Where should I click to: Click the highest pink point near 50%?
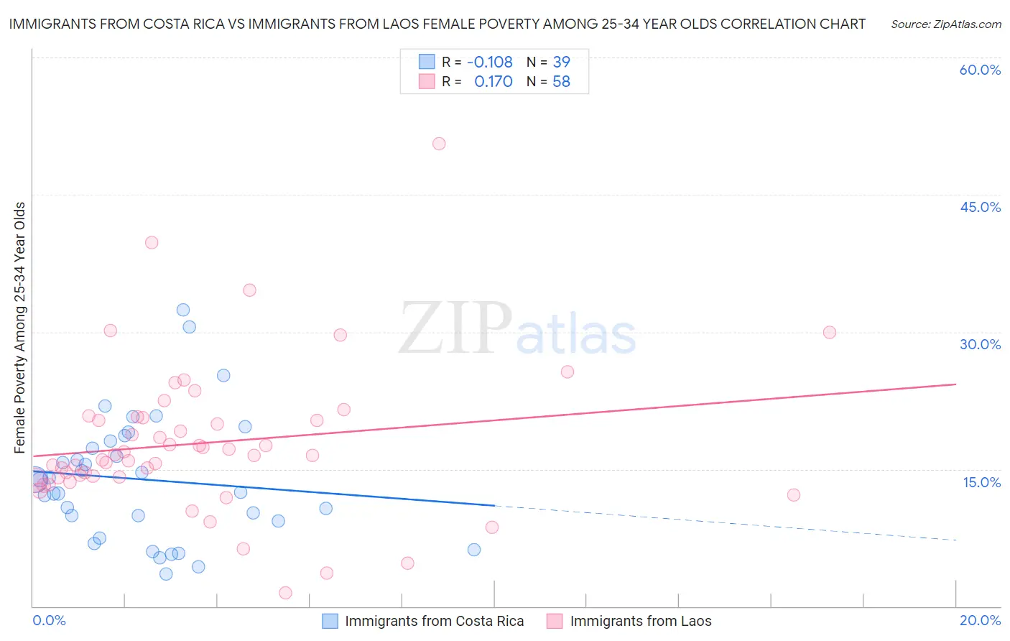click(439, 144)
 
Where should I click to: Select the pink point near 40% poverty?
click(152, 243)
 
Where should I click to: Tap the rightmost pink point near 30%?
click(830, 332)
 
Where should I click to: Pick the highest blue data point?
click(183, 310)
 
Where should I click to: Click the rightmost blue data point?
click(474, 550)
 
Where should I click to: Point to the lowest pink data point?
click(285, 593)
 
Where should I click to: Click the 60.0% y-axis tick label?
click(980, 70)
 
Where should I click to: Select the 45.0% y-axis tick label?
click(980, 207)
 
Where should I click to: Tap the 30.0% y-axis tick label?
click(980, 344)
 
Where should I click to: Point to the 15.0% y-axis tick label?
click(981, 482)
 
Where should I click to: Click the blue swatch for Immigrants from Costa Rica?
click(330, 622)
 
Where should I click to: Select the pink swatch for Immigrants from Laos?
click(555, 622)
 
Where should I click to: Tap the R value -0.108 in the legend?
click(489, 63)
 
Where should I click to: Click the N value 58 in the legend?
click(561, 82)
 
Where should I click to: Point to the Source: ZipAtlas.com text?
click(946, 24)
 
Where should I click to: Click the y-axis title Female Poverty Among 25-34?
click(19, 328)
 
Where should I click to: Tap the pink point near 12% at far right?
click(794, 494)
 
